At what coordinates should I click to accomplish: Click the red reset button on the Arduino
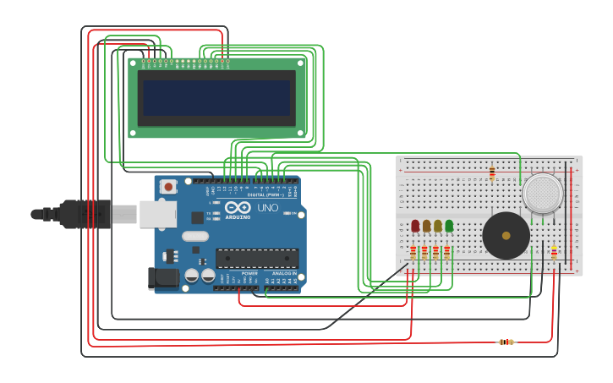(168, 187)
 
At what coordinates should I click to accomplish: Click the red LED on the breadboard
(415, 226)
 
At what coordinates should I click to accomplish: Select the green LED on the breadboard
(449, 226)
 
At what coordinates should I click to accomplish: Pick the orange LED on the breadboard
(426, 226)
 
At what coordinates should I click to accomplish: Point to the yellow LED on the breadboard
(438, 226)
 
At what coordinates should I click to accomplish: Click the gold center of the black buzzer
(506, 237)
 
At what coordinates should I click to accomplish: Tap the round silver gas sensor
(542, 193)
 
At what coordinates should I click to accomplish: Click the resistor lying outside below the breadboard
(506, 342)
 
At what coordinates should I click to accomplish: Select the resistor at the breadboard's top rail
(492, 173)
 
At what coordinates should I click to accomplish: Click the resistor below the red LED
(413, 252)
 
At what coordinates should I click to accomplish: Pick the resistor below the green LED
(447, 252)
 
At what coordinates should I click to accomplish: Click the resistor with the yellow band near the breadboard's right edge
(554, 253)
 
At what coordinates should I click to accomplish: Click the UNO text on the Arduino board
(267, 208)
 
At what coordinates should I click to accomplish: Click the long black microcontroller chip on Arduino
(257, 258)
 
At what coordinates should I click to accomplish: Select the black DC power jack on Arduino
(162, 278)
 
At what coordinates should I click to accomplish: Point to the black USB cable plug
(85, 214)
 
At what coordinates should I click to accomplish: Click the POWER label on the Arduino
(250, 273)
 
